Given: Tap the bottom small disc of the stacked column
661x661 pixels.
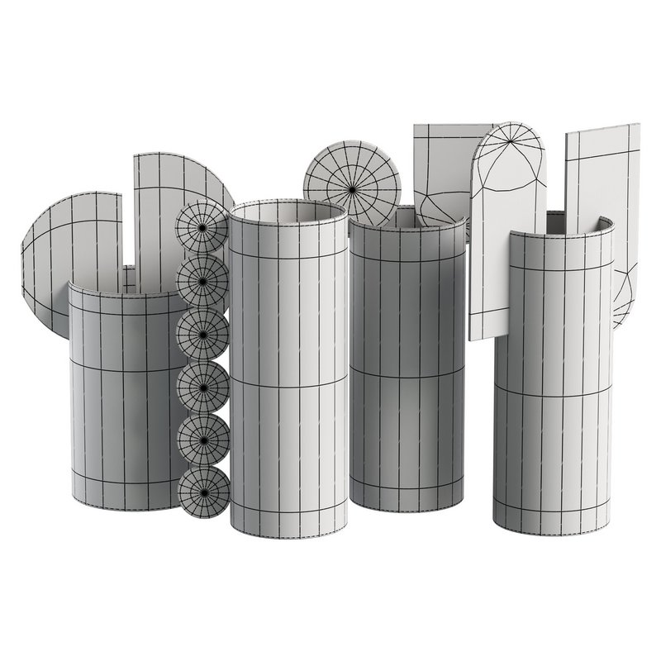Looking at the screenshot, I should [x=202, y=494].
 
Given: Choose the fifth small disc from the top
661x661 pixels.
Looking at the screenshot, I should [x=202, y=441].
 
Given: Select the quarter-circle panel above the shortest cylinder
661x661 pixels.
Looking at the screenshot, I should [x=165, y=207].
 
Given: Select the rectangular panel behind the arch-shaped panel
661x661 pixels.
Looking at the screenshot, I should [x=442, y=165].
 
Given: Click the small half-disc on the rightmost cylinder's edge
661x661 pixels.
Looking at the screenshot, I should [x=624, y=297].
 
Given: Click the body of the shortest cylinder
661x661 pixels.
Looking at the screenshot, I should [x=124, y=397].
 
